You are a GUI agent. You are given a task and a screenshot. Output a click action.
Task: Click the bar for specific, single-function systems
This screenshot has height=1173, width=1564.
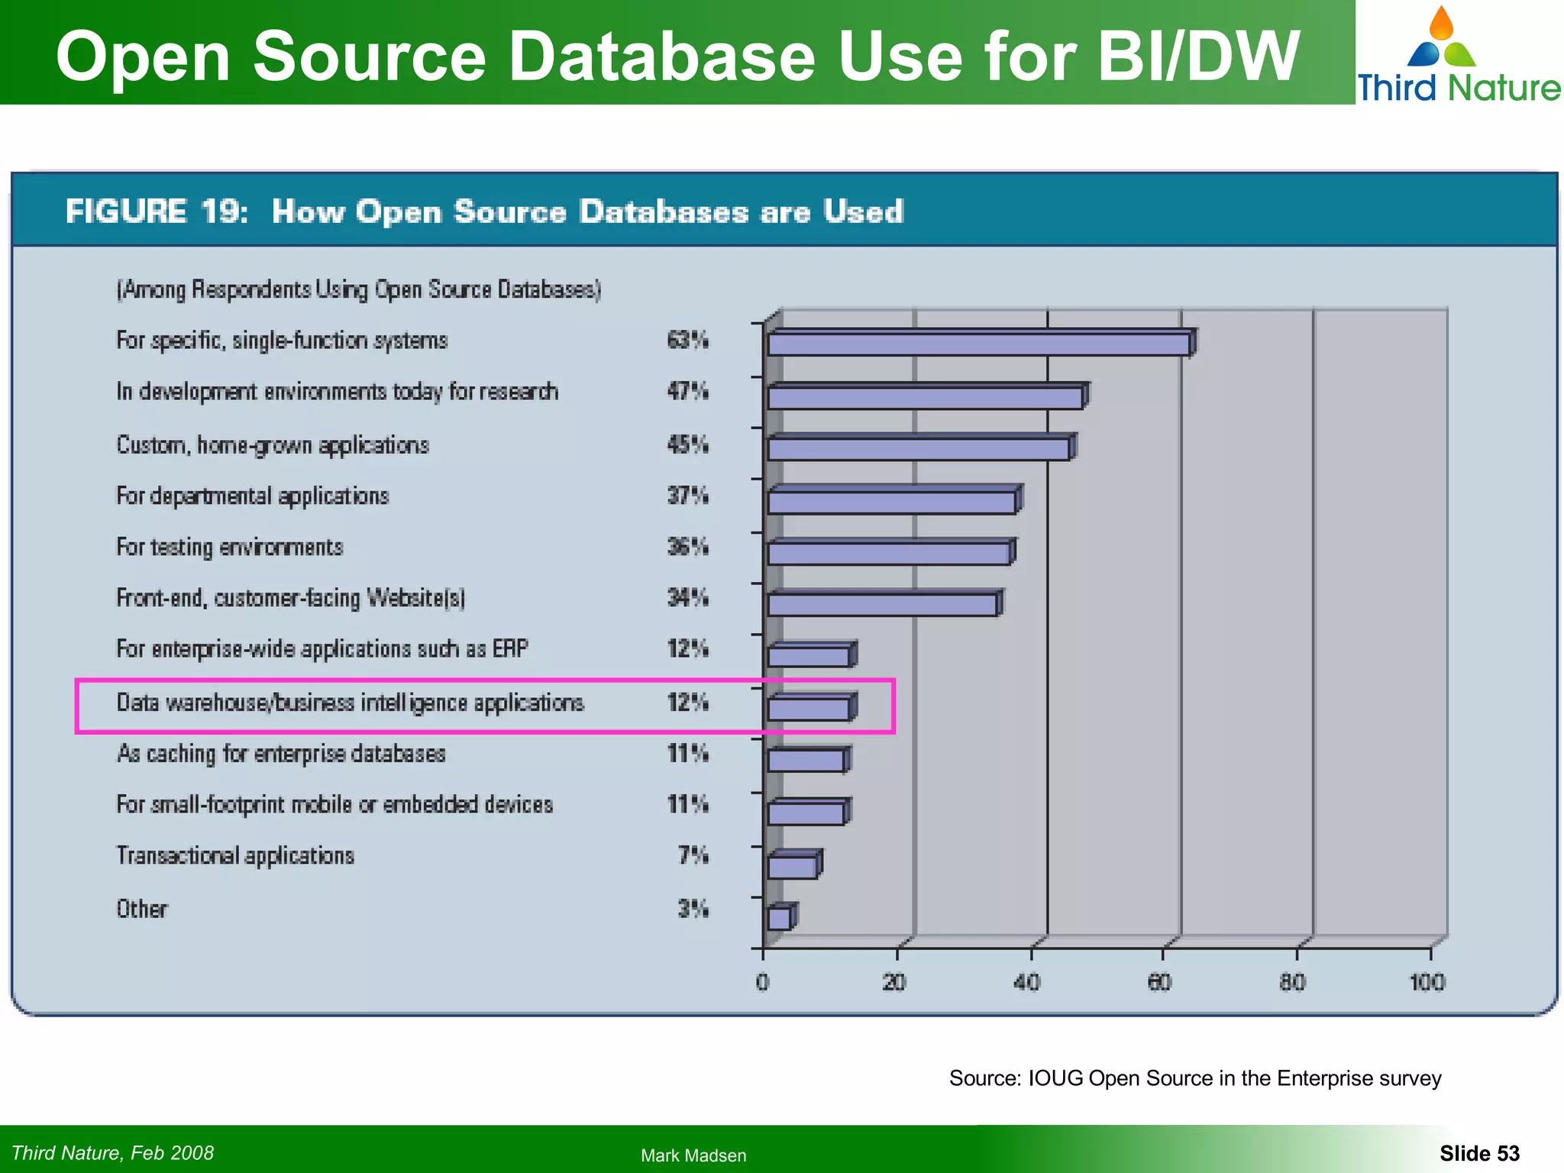pos(979,344)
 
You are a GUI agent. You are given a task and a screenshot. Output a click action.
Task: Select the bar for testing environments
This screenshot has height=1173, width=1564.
pos(889,553)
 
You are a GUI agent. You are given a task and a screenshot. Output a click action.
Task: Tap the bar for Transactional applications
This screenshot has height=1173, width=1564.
pos(793,867)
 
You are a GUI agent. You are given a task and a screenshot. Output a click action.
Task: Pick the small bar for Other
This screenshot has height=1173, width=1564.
pos(780,918)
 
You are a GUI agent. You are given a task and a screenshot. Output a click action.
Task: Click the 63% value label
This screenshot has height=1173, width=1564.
pos(687,340)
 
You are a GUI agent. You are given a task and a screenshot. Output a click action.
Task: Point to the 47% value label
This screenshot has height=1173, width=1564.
pos(687,391)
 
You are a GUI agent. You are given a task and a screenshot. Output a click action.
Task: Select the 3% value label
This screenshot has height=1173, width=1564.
pos(693,909)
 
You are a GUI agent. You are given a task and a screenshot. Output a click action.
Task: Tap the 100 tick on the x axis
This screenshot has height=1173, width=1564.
pos(1427,982)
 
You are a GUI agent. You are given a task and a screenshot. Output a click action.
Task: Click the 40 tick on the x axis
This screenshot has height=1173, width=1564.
pos(1027,982)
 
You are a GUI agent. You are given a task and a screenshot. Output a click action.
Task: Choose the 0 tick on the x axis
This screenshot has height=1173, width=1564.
pos(762,982)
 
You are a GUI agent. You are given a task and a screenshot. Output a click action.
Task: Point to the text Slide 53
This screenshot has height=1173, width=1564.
pos(1479,1153)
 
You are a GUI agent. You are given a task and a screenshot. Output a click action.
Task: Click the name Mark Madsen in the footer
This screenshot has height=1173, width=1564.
pos(693,1155)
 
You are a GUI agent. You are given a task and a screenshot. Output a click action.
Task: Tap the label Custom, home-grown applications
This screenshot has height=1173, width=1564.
pos(273,444)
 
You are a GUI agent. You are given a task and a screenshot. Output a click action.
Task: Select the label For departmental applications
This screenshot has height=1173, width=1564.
pos(253,496)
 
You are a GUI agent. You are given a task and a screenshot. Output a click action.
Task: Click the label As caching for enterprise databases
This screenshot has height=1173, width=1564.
pos(281,754)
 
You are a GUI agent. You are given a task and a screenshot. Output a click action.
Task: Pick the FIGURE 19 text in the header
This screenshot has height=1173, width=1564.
pos(157,212)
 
